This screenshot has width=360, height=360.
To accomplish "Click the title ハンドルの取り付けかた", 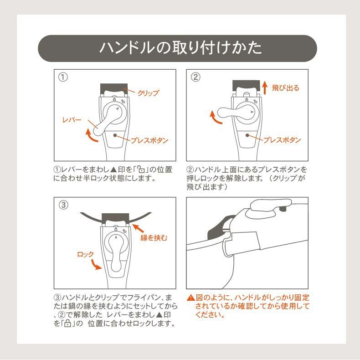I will click(x=180, y=48).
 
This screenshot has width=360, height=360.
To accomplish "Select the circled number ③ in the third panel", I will click(x=64, y=205).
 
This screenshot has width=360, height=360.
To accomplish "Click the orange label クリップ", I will click(x=149, y=93).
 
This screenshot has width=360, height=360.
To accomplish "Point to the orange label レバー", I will click(x=72, y=119).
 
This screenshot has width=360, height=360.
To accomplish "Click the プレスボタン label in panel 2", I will click(x=282, y=140).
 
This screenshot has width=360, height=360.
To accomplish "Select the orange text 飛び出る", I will click(x=286, y=88).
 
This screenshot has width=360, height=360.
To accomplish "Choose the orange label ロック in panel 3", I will click(x=86, y=254).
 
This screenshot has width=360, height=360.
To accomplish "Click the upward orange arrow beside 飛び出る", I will click(x=265, y=87).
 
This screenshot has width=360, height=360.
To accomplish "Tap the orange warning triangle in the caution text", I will click(x=190, y=298).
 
